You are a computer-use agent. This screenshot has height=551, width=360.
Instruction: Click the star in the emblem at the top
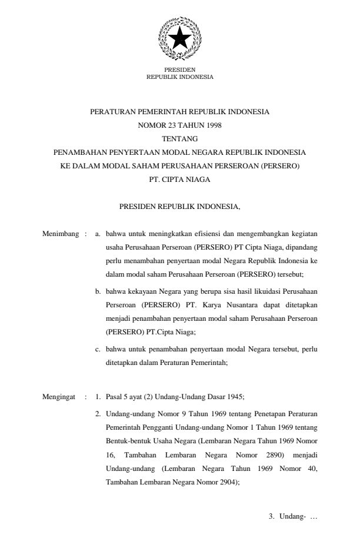179,38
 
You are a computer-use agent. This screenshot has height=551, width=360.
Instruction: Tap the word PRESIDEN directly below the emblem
179,70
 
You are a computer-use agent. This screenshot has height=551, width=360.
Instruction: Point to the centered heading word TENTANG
179,138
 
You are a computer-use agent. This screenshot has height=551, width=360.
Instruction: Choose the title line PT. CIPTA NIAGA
179,180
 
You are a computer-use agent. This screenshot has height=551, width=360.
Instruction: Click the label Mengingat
59,397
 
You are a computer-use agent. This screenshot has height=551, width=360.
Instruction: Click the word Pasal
114,397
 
